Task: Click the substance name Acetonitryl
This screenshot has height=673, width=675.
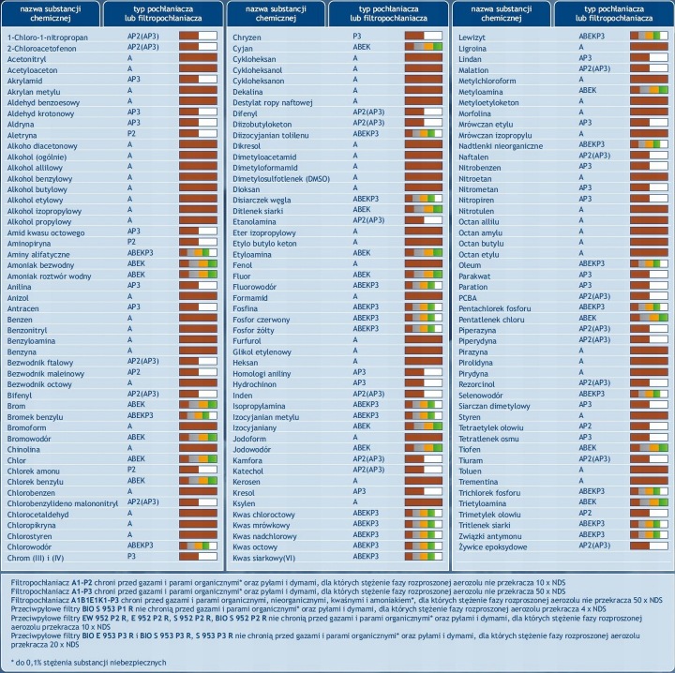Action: pyautogui.click(x=26, y=59)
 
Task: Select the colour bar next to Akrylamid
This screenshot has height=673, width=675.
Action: pyautogui.click(x=198, y=79)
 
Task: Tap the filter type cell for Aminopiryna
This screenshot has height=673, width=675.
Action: pyautogui.click(x=131, y=242)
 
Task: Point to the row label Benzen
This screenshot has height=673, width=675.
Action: pyautogui.click(x=20, y=320)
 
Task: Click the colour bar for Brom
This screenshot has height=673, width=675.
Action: pyautogui.click(x=198, y=405)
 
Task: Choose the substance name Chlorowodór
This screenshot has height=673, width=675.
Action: pyautogui.click(x=29, y=546)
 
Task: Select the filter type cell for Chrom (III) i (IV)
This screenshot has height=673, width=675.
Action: pyautogui.click(x=131, y=556)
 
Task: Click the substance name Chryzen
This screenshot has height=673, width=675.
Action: pyautogui.click(x=247, y=37)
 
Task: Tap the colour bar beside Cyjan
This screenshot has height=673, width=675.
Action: pyautogui.click(x=424, y=47)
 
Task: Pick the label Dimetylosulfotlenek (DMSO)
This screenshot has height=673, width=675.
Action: pyautogui.click(x=281, y=179)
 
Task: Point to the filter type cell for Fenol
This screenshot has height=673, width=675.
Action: pyautogui.click(x=355, y=263)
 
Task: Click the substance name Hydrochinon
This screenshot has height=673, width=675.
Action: pyautogui.click(x=254, y=384)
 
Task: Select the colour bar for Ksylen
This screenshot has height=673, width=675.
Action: pyautogui.click(x=424, y=501)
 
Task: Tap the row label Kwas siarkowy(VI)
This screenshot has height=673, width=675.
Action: pyautogui.click(x=263, y=558)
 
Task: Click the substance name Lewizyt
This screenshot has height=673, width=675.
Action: pyautogui.click(x=472, y=37)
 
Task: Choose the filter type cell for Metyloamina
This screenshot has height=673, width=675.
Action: pyautogui.click(x=588, y=90)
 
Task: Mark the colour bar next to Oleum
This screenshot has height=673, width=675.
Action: pyautogui.click(x=649, y=263)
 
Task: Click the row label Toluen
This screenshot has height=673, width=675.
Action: pyautogui.click(x=470, y=471)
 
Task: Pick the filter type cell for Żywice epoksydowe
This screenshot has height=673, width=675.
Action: pyautogui.click(x=594, y=546)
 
